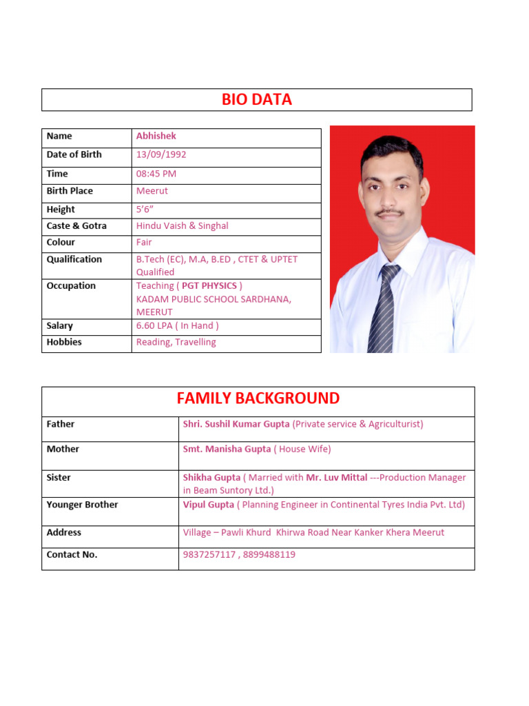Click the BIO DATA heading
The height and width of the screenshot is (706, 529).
coord(257,100)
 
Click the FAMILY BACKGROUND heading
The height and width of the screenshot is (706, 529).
coord(258,399)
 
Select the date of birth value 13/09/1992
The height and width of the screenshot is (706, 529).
coord(161,154)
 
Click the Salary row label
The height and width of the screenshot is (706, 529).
coord(60,325)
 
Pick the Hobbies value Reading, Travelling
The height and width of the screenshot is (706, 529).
coord(176,342)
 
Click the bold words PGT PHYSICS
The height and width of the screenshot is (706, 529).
coord(209,285)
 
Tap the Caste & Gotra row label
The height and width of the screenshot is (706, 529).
coord(76,225)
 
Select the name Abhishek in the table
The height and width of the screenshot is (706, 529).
coord(156,136)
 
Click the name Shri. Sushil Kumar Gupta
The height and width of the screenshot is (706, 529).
coord(236,424)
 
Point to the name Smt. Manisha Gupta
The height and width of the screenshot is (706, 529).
coord(227,449)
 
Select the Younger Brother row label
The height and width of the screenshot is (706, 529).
coord(82,505)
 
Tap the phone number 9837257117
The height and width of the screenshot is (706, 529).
coord(209,554)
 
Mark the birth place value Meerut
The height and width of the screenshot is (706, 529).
coord(152,191)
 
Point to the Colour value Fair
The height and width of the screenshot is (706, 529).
coord(144,242)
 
